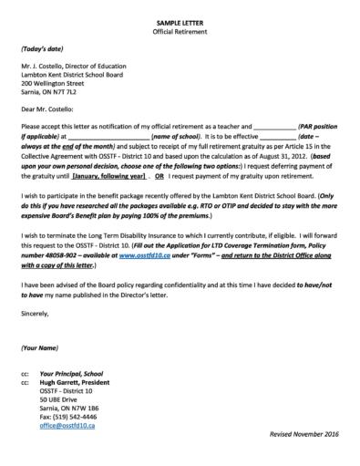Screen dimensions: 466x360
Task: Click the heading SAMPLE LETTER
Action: coord(180,20)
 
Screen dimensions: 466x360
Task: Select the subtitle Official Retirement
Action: coord(180,30)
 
